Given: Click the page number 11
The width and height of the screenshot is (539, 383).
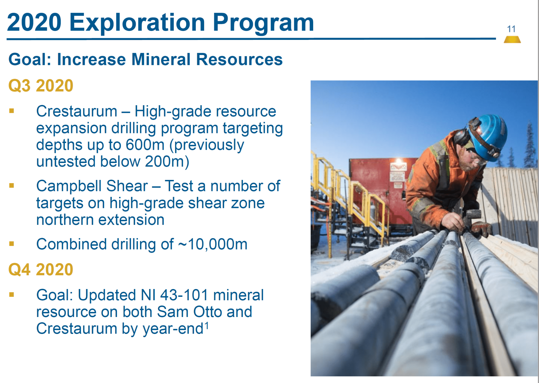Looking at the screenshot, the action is (x=511, y=29).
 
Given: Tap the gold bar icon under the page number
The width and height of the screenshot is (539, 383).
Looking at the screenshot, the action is (x=512, y=40).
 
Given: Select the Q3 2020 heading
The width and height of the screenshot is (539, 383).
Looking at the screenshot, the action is (x=41, y=86).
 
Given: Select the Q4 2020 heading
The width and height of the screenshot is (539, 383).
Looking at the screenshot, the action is (x=41, y=269).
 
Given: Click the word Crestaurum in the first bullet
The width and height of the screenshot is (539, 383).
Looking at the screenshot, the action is (x=77, y=111).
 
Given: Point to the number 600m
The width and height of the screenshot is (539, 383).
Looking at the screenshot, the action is (x=145, y=145).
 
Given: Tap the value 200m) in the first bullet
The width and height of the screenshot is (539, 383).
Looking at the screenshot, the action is (x=167, y=162).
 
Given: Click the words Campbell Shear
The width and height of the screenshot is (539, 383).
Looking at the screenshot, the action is (x=92, y=186).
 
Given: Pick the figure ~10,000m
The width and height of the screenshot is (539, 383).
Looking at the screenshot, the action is (x=213, y=244).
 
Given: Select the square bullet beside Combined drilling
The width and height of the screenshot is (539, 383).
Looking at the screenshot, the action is (x=12, y=244).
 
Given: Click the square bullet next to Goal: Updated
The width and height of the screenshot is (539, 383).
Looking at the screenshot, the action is (x=12, y=294).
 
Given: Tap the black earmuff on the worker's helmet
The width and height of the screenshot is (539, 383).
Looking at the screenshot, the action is (x=461, y=137).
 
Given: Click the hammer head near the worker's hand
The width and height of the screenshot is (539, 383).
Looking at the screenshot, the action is (x=474, y=215).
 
